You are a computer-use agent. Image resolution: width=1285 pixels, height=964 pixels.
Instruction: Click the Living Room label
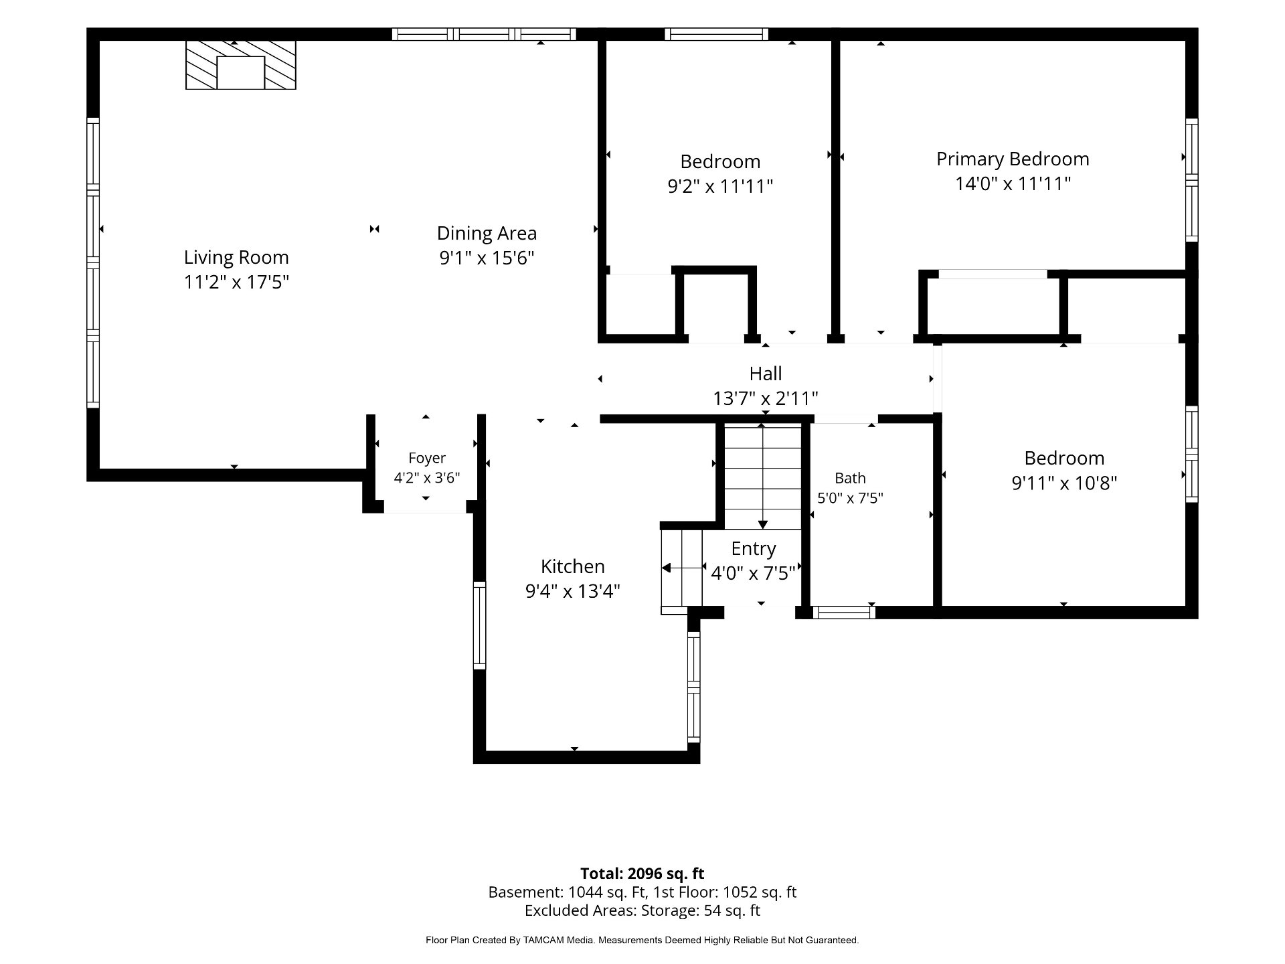tap(236, 257)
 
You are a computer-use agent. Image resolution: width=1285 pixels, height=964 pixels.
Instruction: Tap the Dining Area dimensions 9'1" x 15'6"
tap(487, 258)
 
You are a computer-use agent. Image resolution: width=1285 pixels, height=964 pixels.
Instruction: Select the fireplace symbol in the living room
tap(241, 65)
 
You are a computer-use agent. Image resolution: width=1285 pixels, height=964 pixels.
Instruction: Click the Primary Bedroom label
tap(1013, 159)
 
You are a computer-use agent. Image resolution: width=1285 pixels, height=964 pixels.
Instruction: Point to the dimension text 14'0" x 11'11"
tap(1013, 183)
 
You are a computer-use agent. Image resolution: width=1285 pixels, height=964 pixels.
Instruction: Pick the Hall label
tap(766, 374)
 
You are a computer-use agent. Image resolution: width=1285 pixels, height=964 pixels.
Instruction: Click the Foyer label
tap(427, 459)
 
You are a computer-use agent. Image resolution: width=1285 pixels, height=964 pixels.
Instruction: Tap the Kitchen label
tap(573, 566)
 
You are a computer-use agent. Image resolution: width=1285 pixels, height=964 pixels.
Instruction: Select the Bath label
tap(850, 478)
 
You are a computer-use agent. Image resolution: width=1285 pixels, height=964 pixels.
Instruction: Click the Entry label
tap(754, 549)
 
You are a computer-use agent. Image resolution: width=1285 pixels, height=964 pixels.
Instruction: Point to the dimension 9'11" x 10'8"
tap(1064, 483)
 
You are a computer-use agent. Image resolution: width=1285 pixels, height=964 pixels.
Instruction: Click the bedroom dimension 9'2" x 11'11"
tap(720, 186)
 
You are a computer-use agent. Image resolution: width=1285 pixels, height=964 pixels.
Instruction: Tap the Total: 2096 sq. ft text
tap(642, 874)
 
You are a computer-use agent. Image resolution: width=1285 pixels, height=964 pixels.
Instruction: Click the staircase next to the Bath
tap(763, 476)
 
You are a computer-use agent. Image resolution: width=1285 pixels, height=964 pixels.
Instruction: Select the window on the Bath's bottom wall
tap(843, 612)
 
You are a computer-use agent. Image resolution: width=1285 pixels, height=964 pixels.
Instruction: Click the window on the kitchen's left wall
tap(479, 625)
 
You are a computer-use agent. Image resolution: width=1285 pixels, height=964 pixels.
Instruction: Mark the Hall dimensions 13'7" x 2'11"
tap(766, 399)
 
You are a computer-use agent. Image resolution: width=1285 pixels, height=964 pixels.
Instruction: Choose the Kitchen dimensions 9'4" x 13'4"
tap(573, 591)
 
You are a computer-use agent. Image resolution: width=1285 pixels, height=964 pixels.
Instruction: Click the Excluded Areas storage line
tap(642, 910)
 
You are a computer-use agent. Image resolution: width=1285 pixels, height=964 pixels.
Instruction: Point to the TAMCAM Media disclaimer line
tap(642, 941)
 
